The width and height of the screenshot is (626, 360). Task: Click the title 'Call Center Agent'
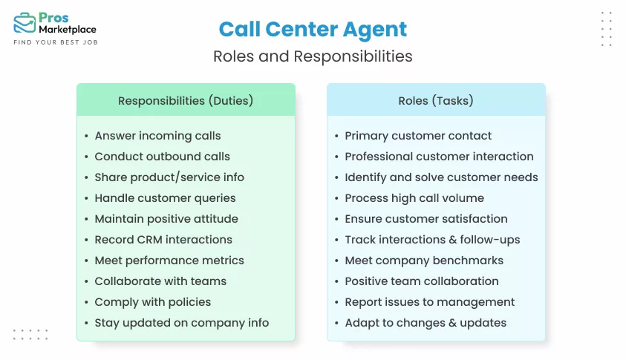(313, 30)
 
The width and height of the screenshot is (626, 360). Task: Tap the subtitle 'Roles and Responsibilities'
(313, 56)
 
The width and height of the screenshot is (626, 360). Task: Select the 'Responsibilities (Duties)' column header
(186, 100)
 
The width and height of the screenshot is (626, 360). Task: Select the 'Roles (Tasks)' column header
(436, 100)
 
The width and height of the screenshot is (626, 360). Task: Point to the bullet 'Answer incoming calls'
(157, 136)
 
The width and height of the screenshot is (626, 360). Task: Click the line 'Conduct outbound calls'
(162, 157)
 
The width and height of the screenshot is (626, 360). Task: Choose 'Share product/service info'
(169, 177)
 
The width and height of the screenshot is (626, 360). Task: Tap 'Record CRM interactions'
(163, 240)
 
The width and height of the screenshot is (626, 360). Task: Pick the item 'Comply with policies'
(152, 302)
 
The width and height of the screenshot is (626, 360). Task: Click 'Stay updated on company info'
(181, 323)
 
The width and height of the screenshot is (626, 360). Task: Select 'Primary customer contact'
(418, 136)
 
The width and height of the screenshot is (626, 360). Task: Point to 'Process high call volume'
(414, 198)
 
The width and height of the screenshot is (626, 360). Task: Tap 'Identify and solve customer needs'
(441, 177)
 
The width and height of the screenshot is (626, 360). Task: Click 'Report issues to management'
(429, 302)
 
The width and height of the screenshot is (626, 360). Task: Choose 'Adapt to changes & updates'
(426, 323)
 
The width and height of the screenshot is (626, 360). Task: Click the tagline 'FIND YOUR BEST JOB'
(56, 42)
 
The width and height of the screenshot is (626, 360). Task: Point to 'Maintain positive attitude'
(166, 219)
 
